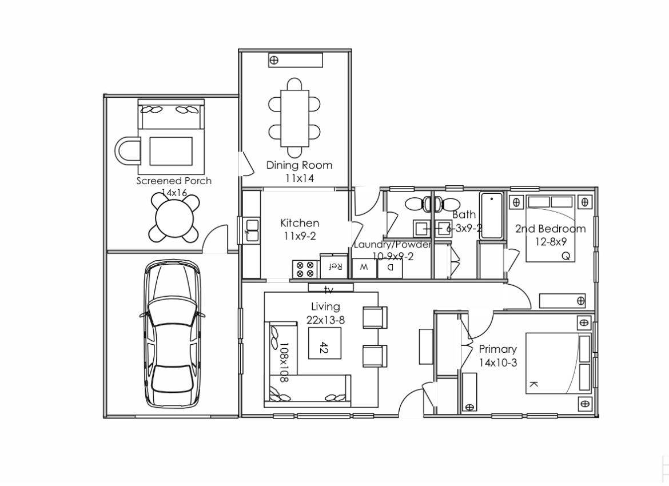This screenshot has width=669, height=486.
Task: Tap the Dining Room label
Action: click(x=299, y=165)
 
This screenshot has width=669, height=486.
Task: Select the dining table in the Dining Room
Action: click(x=294, y=117)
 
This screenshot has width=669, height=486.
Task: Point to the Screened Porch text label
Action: click(x=173, y=181)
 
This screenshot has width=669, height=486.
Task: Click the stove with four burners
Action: click(x=304, y=269)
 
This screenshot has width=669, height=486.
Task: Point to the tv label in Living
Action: click(x=329, y=290)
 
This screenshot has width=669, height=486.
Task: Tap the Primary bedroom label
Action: click(x=497, y=349)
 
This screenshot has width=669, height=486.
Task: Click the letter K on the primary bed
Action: click(x=534, y=384)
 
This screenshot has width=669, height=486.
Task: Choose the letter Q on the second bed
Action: click(x=566, y=256)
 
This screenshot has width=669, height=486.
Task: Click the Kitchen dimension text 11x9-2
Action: click(x=299, y=236)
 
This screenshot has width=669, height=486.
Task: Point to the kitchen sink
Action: click(x=250, y=229)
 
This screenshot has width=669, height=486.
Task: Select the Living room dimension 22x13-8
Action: click(x=325, y=320)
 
